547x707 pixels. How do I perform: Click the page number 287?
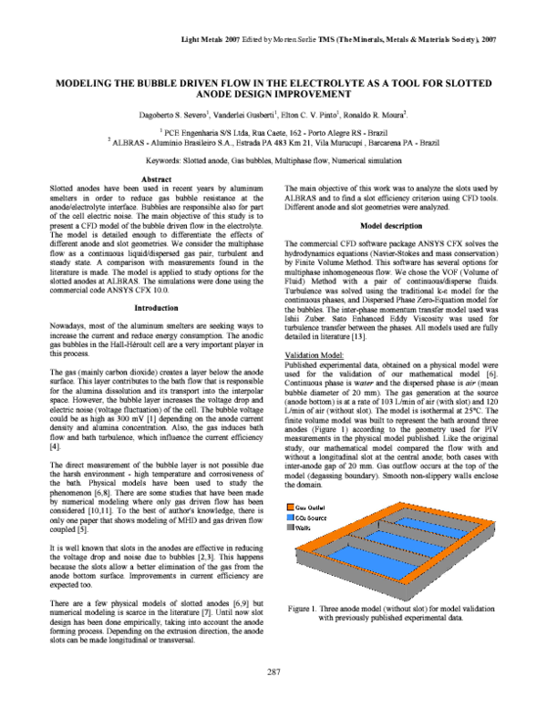click(x=273, y=672)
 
